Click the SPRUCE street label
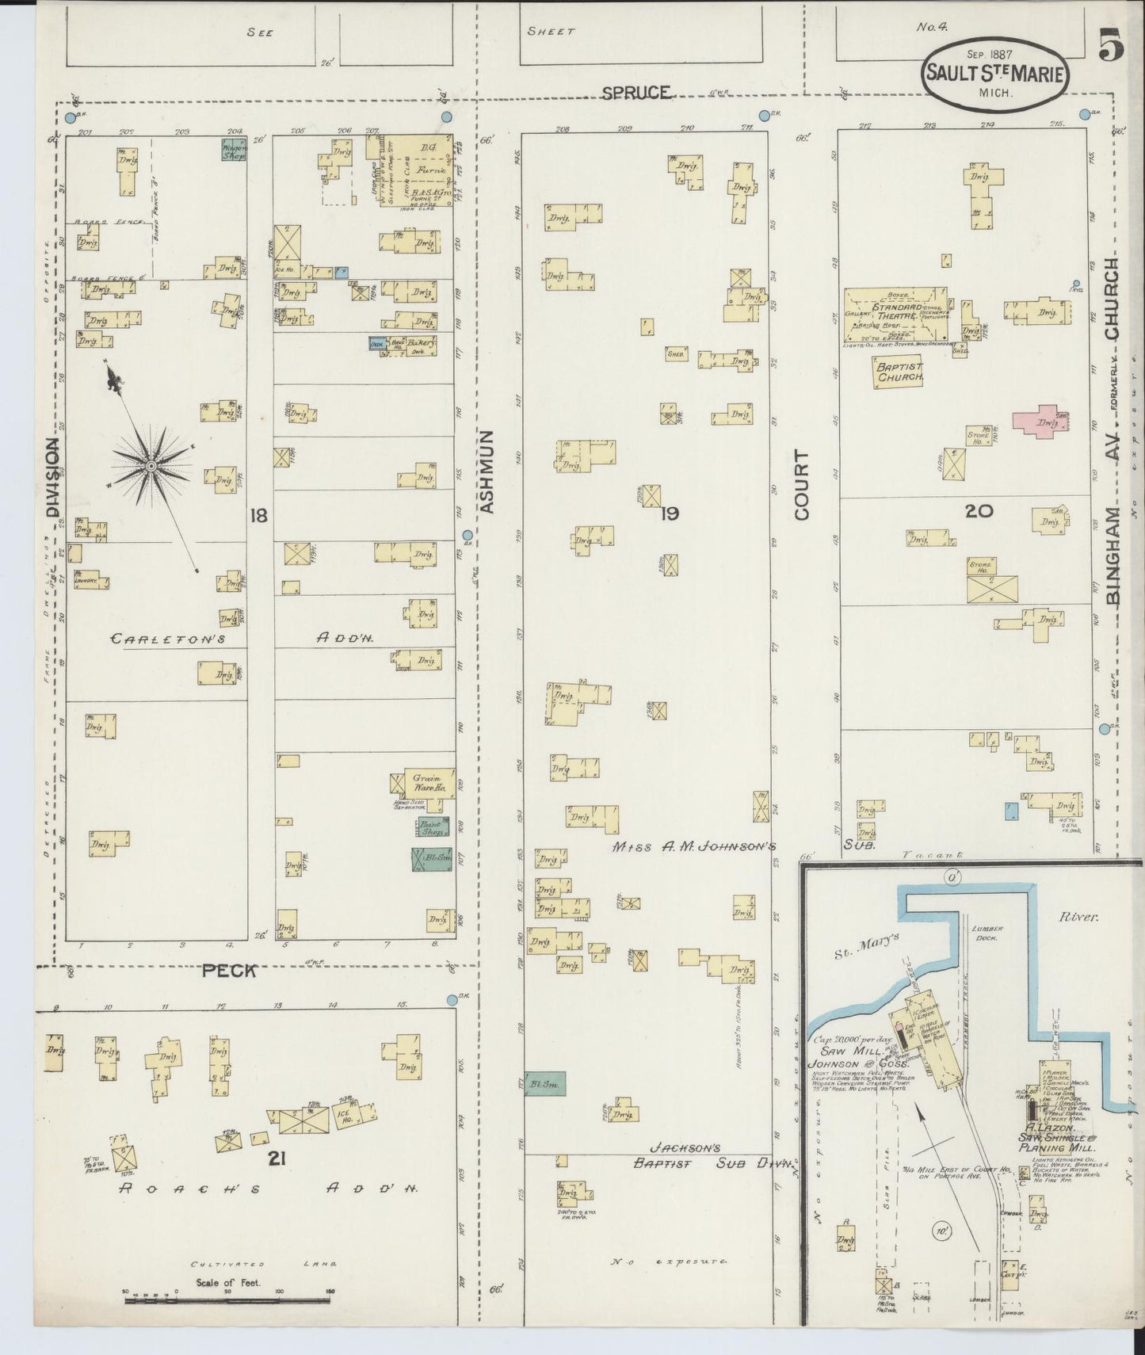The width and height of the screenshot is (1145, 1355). pyautogui.click(x=635, y=92)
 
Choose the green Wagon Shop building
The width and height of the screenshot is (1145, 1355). pyautogui.click(x=234, y=150)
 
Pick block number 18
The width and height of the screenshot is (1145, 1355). pyautogui.click(x=258, y=516)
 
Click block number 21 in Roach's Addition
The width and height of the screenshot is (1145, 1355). pyautogui.click(x=276, y=1158)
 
